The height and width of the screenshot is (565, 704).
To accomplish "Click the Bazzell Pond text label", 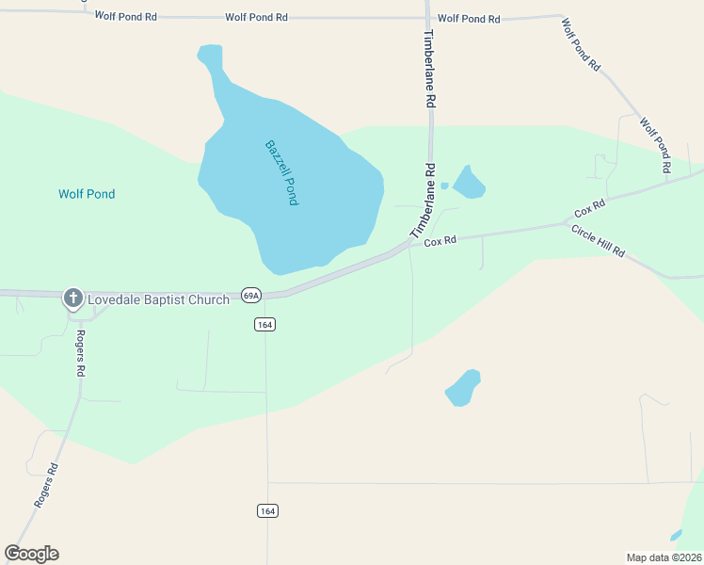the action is point(281,173).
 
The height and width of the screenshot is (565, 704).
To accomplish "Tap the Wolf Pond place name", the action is point(87,194).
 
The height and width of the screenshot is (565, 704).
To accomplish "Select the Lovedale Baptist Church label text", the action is point(158,299).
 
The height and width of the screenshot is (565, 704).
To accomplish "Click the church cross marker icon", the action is point(72,299).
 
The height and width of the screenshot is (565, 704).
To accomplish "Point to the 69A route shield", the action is point(250,295).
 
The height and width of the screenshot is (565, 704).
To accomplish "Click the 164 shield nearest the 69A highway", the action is point(264,324).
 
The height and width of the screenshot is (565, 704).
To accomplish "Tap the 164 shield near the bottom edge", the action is point(267,510).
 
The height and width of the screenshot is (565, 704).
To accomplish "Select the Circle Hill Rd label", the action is point(599,241).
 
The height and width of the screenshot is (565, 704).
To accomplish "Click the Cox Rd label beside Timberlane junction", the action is point(440,241).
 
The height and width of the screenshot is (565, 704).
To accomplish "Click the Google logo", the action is point(31,554).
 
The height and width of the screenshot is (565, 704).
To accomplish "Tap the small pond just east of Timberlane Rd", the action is point(469,182).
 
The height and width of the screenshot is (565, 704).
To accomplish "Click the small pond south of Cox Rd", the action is point(463,387).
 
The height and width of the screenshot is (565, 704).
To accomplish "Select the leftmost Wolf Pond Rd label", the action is point(125,17).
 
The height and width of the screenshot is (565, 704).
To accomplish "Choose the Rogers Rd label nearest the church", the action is point(81,353).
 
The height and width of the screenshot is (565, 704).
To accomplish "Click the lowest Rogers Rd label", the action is point(46,486).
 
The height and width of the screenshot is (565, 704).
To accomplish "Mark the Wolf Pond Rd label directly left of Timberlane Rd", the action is point(256,18).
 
